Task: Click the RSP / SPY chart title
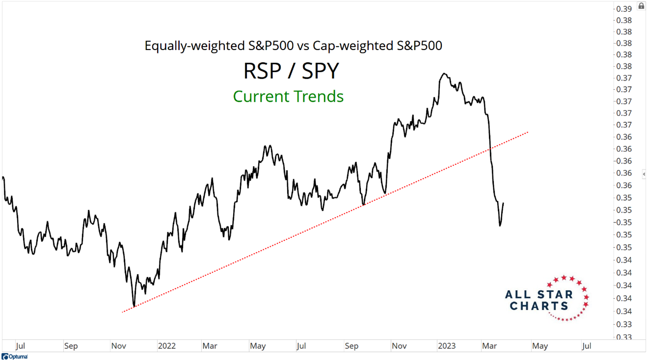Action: coord(291,71)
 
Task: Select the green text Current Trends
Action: coord(288,96)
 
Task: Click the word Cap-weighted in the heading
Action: coord(346,46)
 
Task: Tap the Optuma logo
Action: coord(15,356)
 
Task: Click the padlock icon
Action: coord(641,6)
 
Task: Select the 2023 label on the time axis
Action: coord(446,346)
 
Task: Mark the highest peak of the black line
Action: coord(444,74)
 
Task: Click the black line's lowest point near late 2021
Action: coord(134,306)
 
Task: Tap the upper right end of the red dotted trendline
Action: coord(528,132)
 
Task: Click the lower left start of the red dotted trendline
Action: coord(122,312)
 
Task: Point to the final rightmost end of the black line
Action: coord(504,202)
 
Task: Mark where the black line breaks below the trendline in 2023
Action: coord(490,148)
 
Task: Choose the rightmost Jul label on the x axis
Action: coord(586,346)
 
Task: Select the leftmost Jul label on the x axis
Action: coord(21,346)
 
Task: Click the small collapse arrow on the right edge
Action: coord(644,174)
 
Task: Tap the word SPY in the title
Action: coord(320,71)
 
